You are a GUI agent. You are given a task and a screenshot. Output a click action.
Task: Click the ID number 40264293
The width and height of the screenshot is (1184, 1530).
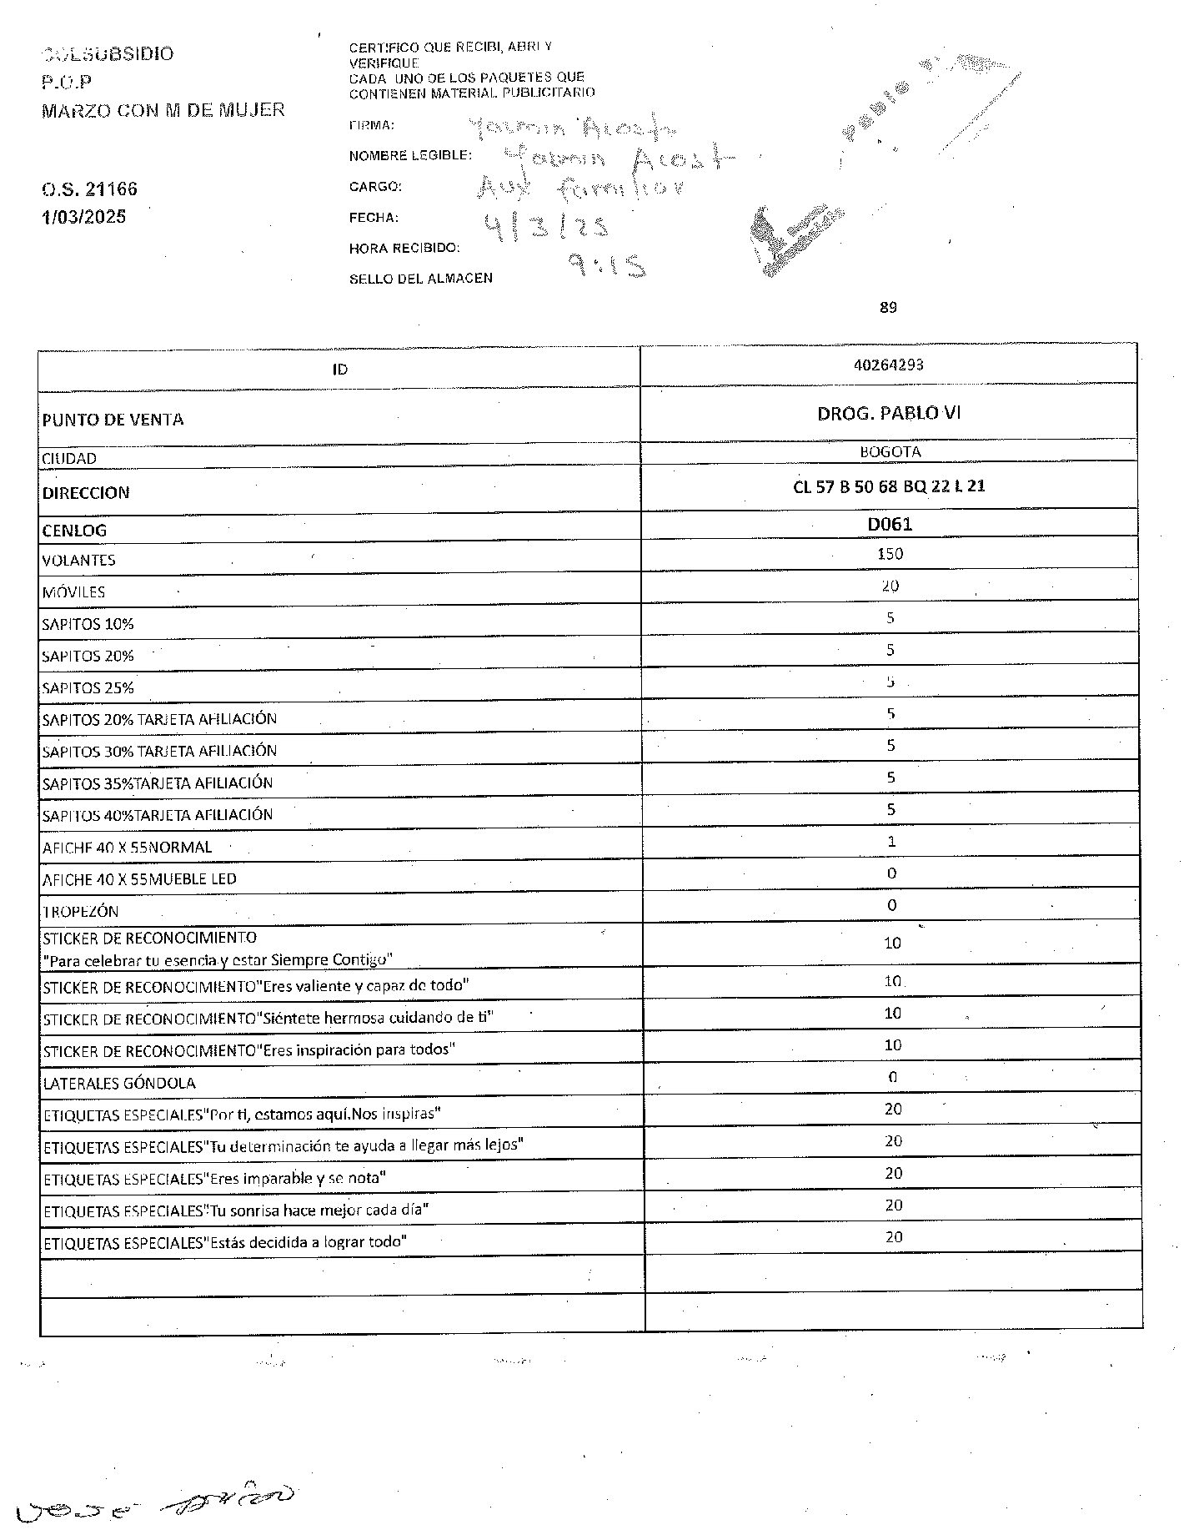pos(889,365)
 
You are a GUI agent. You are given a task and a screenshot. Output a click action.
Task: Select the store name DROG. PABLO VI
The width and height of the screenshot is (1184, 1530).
pos(889,413)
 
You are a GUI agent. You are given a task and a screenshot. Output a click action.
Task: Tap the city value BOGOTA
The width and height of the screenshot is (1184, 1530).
pos(890,452)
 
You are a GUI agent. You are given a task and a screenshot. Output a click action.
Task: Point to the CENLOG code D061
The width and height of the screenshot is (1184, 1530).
pos(890,524)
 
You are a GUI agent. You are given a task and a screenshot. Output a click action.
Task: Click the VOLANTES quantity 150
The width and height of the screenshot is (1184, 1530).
pos(890,554)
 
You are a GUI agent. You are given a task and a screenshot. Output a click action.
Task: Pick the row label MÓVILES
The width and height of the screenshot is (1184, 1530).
pos(74,592)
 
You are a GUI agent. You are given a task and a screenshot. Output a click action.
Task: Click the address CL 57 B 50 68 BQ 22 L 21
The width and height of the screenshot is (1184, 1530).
pos(889,486)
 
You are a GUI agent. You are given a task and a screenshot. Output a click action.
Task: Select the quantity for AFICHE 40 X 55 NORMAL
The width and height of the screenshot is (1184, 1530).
pos(891,842)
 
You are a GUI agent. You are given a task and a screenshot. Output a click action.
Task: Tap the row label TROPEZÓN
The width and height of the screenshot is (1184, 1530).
pos(81,912)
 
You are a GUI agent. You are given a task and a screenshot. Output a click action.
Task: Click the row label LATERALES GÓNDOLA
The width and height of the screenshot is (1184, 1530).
pos(119,1084)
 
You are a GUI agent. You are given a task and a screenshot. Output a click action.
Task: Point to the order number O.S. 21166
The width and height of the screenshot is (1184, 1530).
pos(89,189)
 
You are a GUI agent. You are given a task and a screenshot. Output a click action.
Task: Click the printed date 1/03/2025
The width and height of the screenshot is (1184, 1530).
pos(84,217)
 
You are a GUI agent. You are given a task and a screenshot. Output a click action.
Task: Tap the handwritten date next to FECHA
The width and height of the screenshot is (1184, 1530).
pos(546,226)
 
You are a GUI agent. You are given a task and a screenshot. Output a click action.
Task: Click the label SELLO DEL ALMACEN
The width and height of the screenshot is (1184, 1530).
pos(420,279)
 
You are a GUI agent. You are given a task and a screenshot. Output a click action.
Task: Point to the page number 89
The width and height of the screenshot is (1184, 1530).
pos(888,308)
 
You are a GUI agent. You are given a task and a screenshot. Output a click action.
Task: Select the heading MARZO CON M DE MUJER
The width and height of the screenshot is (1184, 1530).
pos(163,110)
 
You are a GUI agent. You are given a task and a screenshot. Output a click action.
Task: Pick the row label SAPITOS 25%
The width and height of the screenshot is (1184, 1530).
pos(88,688)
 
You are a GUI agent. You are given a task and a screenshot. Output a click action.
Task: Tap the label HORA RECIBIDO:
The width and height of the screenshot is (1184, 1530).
pos(404,249)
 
